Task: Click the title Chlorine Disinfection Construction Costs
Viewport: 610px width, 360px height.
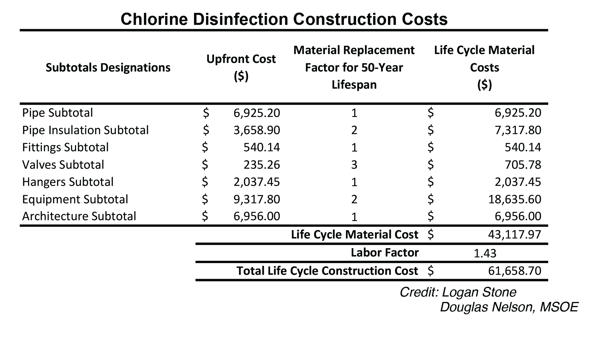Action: [284, 19]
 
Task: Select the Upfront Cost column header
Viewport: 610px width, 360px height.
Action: [241, 67]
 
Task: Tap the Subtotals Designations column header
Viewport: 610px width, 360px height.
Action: [108, 68]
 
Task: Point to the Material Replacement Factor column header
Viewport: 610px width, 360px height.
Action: [354, 67]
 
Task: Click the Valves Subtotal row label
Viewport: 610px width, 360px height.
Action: [63, 165]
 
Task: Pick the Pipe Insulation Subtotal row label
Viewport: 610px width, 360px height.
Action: [85, 130]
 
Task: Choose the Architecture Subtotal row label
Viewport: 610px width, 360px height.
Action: [79, 216]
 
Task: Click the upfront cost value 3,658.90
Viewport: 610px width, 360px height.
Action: [257, 130]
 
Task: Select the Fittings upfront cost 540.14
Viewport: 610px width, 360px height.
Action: [262, 148]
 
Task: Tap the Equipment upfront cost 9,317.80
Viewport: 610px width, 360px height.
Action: [257, 199]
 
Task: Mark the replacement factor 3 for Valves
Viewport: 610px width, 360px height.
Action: [354, 165]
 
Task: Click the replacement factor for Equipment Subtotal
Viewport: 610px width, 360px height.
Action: [354, 199]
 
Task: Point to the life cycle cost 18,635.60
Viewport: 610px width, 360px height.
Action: [514, 199]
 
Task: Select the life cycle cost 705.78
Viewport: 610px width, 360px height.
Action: [523, 165]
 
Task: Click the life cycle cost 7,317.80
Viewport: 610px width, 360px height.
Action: [518, 130]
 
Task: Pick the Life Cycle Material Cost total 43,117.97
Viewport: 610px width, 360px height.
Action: [514, 235]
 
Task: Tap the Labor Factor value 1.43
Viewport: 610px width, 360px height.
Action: [485, 253]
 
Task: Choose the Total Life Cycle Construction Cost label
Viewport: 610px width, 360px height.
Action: [327, 271]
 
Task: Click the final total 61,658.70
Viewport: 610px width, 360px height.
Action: [514, 271]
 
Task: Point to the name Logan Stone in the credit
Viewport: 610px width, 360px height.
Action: [479, 292]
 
